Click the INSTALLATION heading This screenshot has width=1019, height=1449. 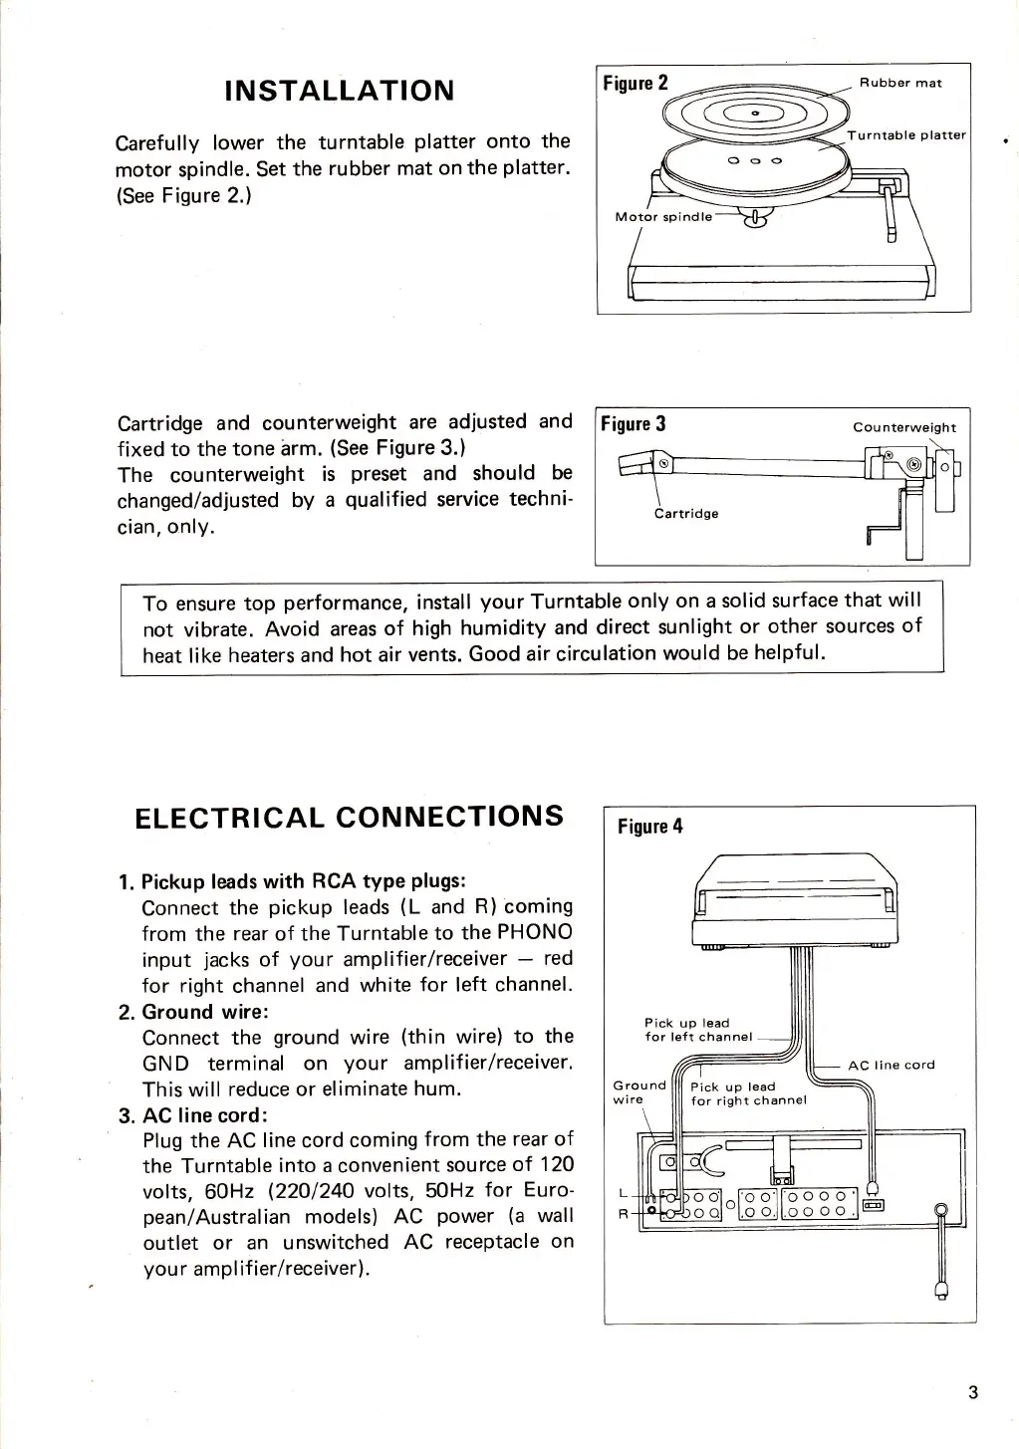tap(340, 92)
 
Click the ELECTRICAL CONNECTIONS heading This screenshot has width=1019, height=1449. tap(349, 817)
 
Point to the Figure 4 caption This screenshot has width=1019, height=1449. tap(650, 826)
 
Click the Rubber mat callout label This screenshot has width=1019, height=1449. tap(900, 83)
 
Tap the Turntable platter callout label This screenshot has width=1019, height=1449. tap(906, 134)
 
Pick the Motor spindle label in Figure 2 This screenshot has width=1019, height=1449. tap(662, 216)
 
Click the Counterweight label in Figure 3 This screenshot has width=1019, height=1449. tap(903, 427)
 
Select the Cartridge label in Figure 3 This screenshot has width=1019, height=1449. tap(686, 514)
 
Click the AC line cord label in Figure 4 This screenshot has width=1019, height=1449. tap(891, 1065)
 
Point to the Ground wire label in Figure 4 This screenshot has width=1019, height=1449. tap(637, 1091)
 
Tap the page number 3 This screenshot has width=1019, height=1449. tap(972, 1392)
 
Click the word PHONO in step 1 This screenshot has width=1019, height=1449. tap(535, 932)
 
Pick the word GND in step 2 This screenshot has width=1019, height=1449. tap(164, 1064)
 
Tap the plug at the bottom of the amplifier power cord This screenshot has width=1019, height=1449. tap(938, 1290)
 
